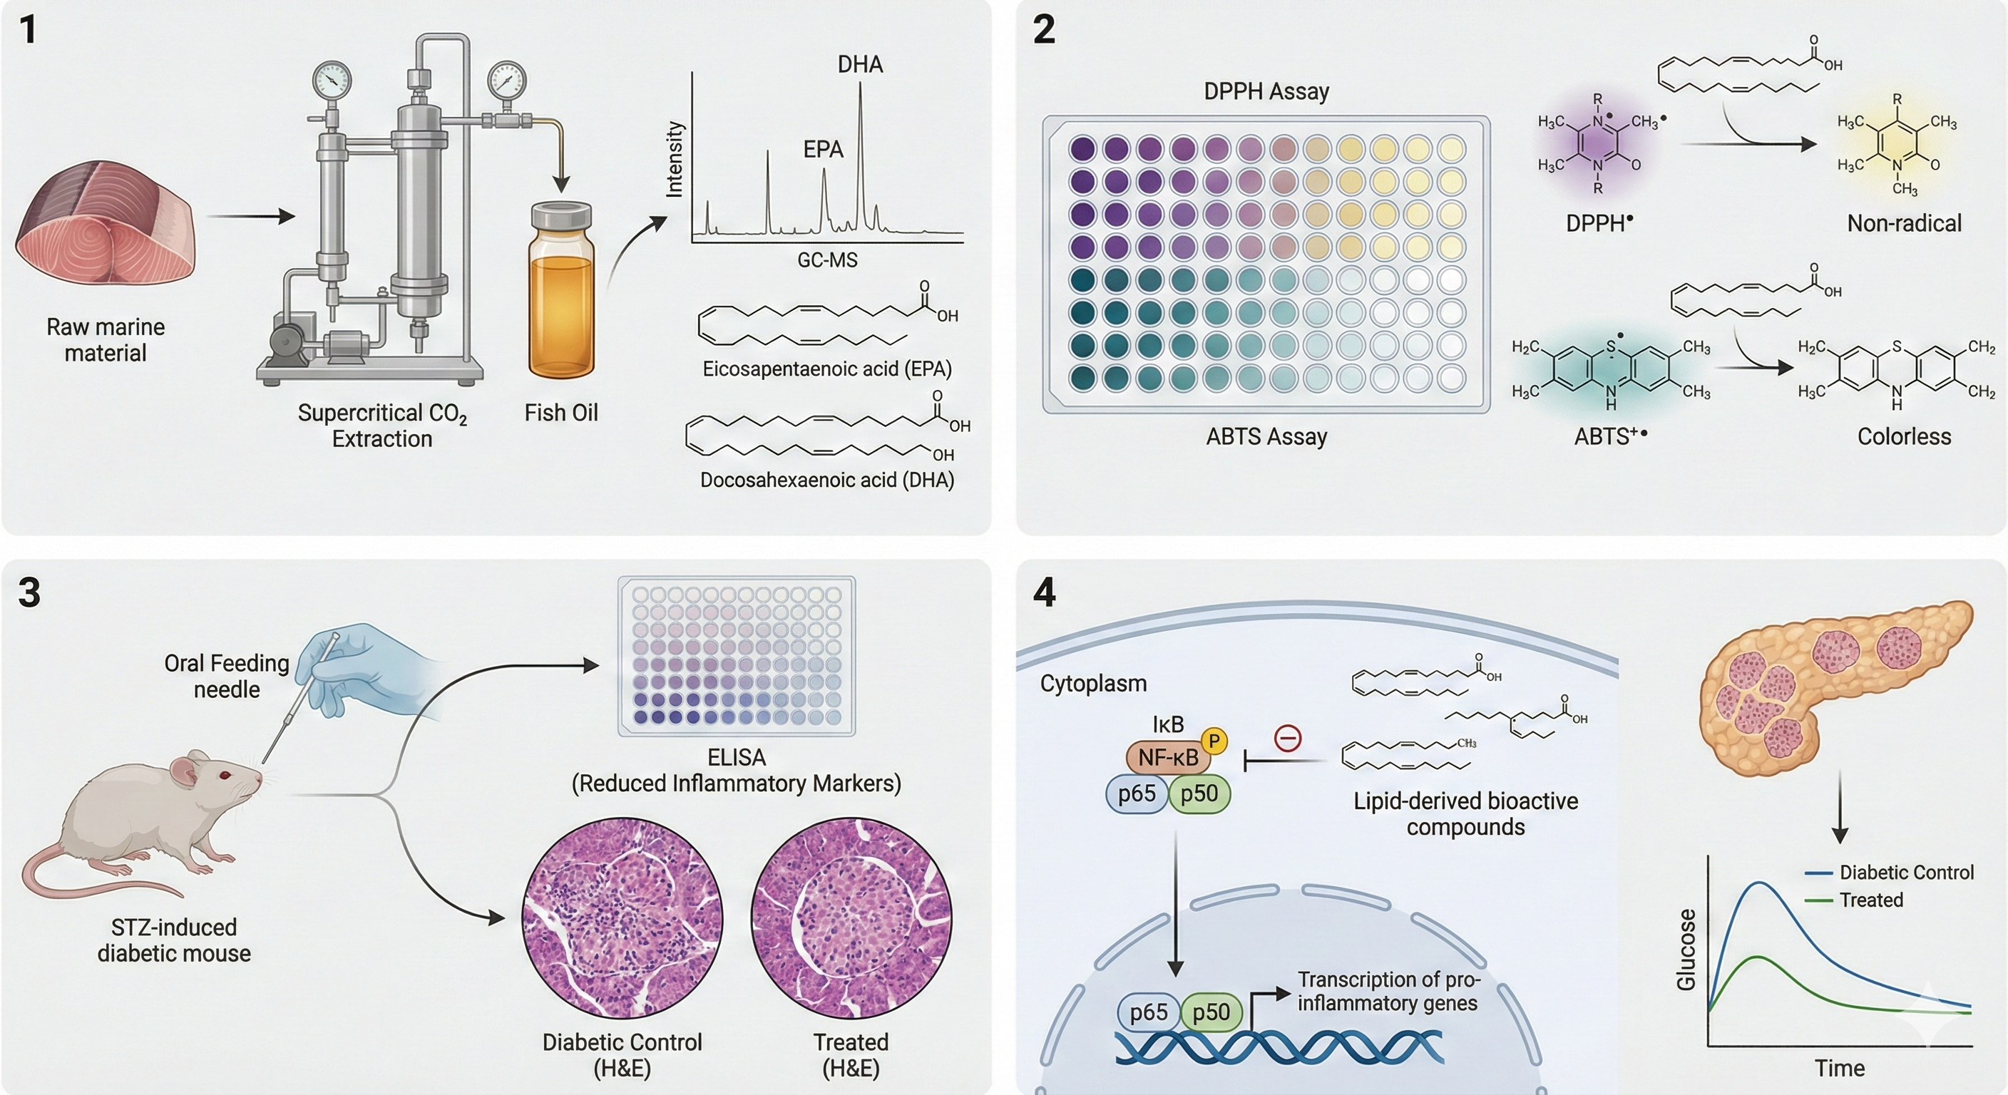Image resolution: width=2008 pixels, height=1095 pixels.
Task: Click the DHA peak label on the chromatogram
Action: click(860, 65)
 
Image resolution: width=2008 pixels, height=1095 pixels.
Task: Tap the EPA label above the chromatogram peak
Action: click(823, 150)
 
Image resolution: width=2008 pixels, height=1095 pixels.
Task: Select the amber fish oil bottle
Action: click(561, 292)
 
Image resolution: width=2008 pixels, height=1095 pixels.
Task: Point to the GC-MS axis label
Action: click(827, 260)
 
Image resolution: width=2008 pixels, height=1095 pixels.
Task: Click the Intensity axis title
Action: click(675, 160)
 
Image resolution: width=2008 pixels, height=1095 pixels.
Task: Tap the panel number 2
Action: click(1044, 31)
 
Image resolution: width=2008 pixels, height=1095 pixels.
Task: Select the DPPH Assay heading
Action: click(1266, 92)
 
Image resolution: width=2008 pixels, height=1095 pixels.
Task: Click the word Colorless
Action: click(1904, 436)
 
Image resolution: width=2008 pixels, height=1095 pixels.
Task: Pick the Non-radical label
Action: click(1904, 224)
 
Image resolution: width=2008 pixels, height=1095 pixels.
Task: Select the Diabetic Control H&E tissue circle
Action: click(622, 917)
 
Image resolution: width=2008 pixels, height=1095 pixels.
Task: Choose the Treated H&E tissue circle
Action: click(851, 917)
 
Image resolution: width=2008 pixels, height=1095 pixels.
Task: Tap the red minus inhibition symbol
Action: click(1287, 737)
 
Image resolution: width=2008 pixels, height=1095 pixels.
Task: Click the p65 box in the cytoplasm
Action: click(1137, 794)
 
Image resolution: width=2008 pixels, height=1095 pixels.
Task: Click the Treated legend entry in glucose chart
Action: click(1871, 900)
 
